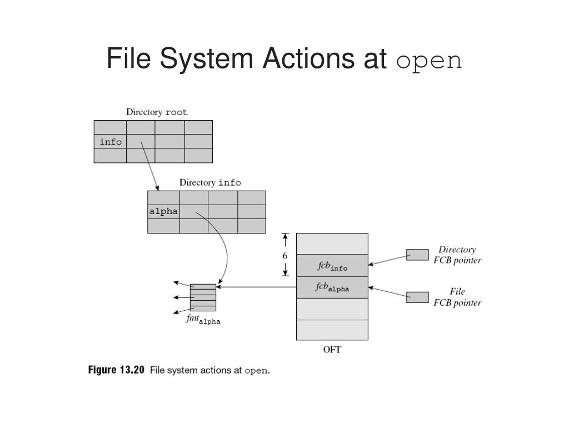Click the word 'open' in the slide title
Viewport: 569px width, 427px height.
[429, 60]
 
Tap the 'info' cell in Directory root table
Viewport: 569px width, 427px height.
[111, 142]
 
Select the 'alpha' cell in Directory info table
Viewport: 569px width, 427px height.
[163, 211]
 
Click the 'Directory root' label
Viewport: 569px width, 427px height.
[157, 112]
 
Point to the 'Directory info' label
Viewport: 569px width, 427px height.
[210, 182]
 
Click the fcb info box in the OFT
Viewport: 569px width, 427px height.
[332, 266]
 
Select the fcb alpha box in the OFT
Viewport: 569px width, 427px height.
[332, 287]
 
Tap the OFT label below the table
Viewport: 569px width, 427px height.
[332, 350]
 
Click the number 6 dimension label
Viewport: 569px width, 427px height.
[285, 256]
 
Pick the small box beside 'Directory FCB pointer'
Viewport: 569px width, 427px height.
[417, 255]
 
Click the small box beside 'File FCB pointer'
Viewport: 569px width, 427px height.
[417, 297]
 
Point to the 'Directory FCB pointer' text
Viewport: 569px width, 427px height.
[457, 255]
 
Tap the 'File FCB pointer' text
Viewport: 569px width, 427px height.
[457, 297]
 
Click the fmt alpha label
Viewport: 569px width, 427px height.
[203, 320]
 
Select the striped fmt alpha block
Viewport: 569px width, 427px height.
[203, 297]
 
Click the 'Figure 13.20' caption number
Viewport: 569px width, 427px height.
[117, 370]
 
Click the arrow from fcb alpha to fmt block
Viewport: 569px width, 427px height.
[256, 287]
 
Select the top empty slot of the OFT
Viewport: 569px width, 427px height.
[332, 244]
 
